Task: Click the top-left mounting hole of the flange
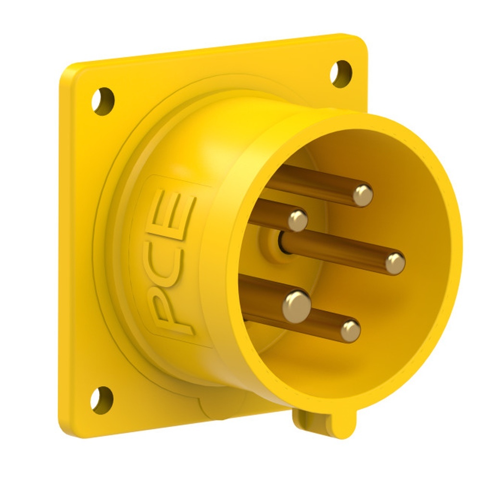103,101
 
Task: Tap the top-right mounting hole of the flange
341,74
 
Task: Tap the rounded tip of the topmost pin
363,195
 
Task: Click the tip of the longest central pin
395,263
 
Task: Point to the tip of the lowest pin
351,331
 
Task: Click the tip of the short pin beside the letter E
298,220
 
